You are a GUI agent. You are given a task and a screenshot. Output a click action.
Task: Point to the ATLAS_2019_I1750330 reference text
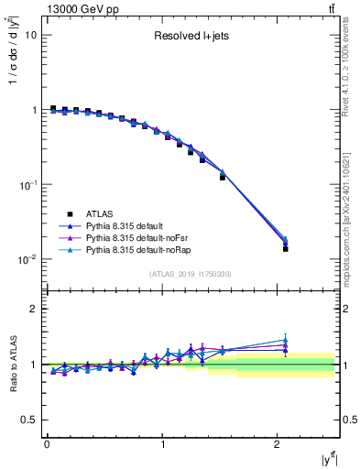pos(191,274)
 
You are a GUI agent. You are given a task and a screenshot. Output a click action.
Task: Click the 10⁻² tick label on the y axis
pos(28,259)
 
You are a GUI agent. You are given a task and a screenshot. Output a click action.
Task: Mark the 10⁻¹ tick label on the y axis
pos(28,184)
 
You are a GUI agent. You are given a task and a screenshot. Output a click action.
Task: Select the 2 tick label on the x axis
pos(278,444)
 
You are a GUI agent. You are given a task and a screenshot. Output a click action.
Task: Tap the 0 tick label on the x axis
pos(47,444)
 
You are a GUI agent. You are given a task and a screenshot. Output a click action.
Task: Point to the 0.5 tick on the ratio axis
pos(29,420)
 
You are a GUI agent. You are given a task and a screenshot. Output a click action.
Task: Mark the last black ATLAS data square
pos(285,249)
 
